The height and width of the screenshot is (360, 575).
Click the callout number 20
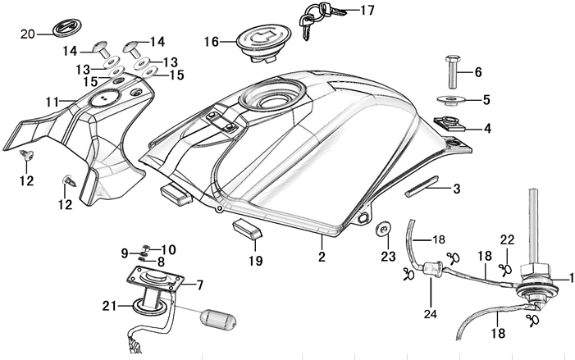click(x=27, y=34)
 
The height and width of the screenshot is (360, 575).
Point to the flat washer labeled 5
click(x=448, y=101)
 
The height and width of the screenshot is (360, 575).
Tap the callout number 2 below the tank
click(x=322, y=257)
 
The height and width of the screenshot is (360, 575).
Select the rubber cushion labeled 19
click(x=247, y=228)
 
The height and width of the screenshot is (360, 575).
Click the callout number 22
click(x=508, y=239)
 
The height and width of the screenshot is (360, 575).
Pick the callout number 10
click(x=169, y=249)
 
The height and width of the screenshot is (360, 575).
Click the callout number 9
click(x=125, y=253)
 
